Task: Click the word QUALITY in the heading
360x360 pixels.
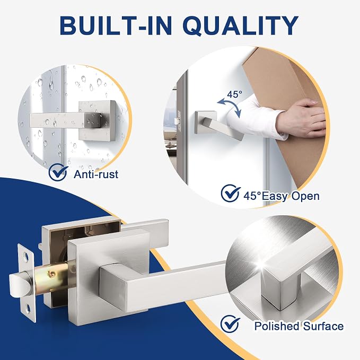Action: (x=241, y=25)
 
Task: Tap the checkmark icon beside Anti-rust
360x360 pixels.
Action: (x=58, y=172)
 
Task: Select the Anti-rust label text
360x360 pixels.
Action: (x=96, y=174)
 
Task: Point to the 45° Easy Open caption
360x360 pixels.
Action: (x=282, y=196)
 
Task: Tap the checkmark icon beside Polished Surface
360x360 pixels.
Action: (x=230, y=324)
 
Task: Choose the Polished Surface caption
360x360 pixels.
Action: (x=299, y=326)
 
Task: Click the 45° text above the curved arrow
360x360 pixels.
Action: (x=234, y=94)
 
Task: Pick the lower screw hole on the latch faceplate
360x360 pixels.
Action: (x=28, y=309)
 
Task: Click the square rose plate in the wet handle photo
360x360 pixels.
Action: (x=96, y=120)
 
